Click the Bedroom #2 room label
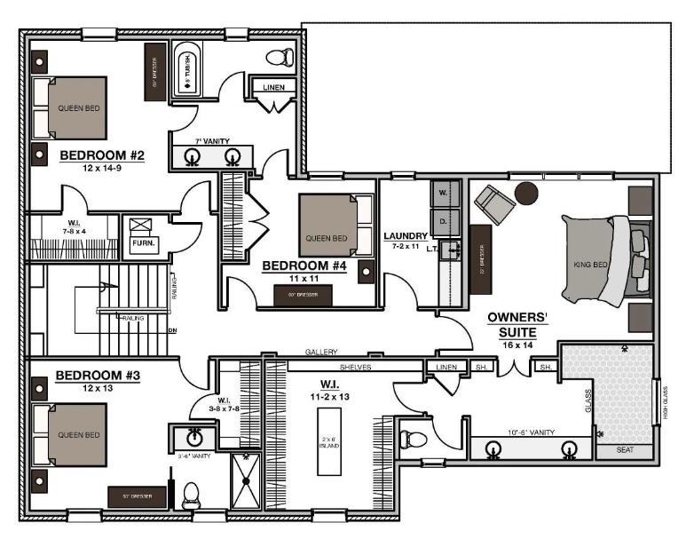(101, 156)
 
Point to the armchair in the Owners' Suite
(493, 205)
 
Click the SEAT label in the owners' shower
(626, 451)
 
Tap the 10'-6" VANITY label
(530, 432)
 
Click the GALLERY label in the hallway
(320, 352)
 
